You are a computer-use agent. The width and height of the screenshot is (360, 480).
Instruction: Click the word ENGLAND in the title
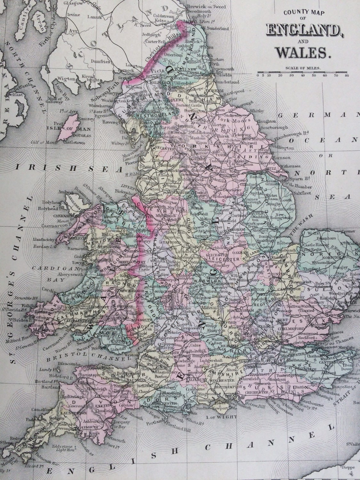tap(302, 30)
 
